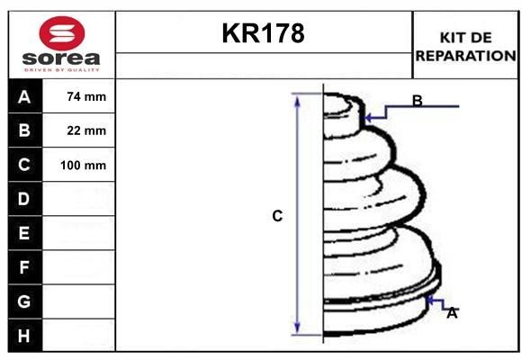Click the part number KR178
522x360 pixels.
[263, 33]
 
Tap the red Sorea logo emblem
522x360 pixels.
[60, 33]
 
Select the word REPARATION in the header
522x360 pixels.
[465, 55]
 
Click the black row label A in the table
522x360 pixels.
[24, 96]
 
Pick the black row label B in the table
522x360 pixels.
[24, 130]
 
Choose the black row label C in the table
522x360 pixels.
[24, 165]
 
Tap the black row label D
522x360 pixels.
[24, 199]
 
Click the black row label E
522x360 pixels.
[24, 233]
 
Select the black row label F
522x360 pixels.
[24, 267]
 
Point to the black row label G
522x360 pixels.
[24, 301]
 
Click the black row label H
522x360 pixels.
[24, 335]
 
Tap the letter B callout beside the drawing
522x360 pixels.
[417, 101]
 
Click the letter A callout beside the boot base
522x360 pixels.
[452, 313]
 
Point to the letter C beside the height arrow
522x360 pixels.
[277, 216]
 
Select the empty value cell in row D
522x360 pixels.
[79, 199]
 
